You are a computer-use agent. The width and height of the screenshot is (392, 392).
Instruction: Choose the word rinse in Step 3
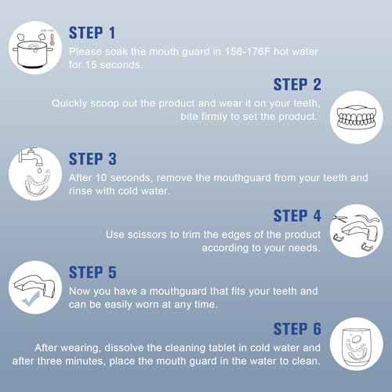point(83,191)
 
